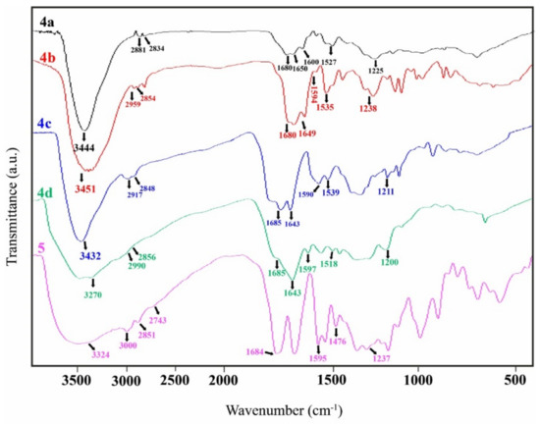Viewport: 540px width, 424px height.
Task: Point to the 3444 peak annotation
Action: tap(84, 143)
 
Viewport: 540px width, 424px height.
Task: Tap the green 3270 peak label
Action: tap(92, 293)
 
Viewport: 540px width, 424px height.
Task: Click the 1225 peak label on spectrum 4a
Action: tap(375, 70)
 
